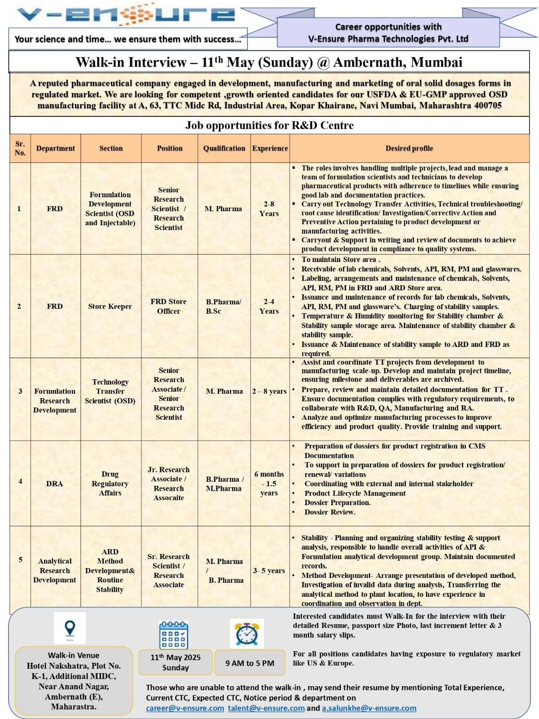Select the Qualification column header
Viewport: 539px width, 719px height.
click(224, 148)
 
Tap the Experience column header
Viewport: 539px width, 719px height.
click(270, 148)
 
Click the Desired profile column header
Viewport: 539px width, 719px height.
click(409, 148)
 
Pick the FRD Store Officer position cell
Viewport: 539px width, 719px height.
click(168, 306)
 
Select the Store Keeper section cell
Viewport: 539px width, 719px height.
click(110, 306)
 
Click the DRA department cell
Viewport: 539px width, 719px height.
click(55, 484)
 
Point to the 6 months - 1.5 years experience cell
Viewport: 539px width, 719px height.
click(269, 484)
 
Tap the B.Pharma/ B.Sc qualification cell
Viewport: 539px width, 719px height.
click(223, 306)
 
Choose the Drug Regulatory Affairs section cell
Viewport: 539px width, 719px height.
click(110, 484)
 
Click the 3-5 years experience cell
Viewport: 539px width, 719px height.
click(269, 571)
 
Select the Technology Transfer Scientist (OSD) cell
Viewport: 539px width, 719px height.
click(110, 391)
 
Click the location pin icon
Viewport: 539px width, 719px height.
click(70, 628)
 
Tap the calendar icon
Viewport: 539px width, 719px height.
click(174, 635)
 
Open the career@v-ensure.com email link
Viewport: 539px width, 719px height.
click(185, 708)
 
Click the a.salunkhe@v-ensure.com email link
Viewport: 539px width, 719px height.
click(369, 708)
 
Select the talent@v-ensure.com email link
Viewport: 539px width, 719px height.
click(266, 708)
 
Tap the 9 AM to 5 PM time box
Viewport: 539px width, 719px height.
click(250, 663)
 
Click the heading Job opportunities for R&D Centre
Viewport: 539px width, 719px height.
click(269, 125)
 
